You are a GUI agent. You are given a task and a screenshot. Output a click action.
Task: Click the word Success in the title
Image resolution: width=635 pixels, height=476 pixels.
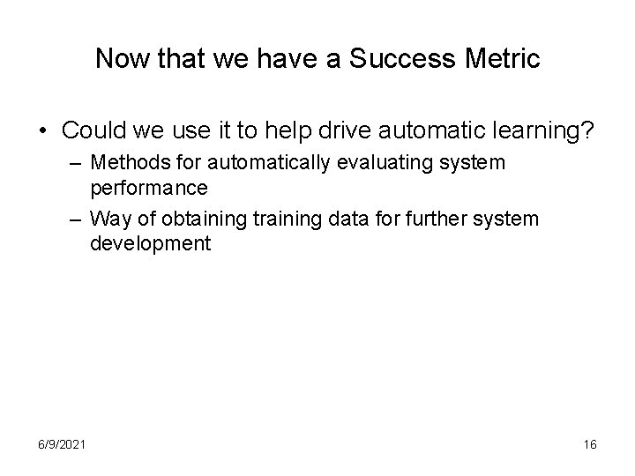tap(386, 59)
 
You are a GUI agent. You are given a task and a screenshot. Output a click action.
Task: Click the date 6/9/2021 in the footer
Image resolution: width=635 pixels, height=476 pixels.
tap(62, 444)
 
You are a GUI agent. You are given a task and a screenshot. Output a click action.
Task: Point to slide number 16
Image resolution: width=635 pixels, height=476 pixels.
tap(590, 444)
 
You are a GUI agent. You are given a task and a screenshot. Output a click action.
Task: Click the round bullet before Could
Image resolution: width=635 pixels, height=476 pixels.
tap(42, 130)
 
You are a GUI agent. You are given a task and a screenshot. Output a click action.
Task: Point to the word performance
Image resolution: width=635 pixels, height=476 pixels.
tap(148, 187)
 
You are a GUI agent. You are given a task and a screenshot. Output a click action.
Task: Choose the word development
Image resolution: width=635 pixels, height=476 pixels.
tap(151, 242)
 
